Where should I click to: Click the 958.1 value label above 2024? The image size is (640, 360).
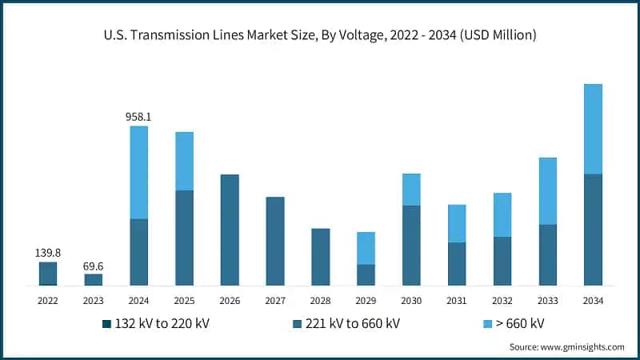[x=138, y=117]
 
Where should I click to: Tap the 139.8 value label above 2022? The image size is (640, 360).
[x=48, y=253]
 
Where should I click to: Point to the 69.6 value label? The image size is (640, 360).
[x=94, y=265]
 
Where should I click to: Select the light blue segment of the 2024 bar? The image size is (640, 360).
[x=138, y=172]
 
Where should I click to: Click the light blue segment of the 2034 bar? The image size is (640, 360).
[x=593, y=129]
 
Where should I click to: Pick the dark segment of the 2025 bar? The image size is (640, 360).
[x=184, y=238]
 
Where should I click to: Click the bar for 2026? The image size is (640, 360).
[x=230, y=230]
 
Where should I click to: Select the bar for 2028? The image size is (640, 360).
[x=320, y=257]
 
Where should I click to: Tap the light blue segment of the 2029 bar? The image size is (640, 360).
[x=366, y=248]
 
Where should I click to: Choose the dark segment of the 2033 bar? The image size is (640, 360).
[x=547, y=254]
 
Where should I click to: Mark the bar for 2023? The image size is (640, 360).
[x=94, y=279]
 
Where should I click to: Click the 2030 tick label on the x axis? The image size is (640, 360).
[x=411, y=301]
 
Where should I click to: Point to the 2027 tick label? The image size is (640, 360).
[x=275, y=301]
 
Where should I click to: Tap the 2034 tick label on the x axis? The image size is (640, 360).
[x=593, y=301]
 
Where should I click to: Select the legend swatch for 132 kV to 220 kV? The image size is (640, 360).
[x=106, y=323]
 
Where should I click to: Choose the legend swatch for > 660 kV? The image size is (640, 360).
[x=488, y=323]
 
